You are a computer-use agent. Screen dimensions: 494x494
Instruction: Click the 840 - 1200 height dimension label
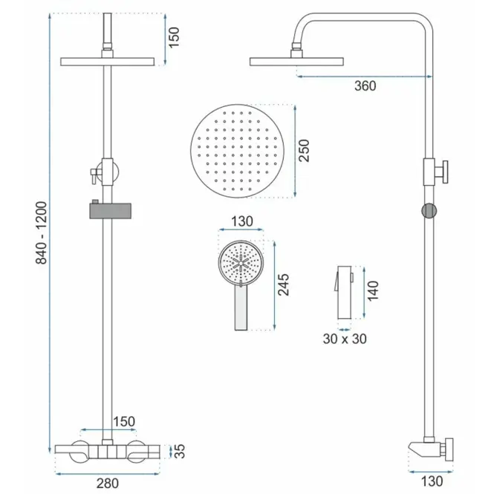(x=42, y=233)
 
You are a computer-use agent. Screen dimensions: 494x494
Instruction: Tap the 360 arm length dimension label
(x=365, y=86)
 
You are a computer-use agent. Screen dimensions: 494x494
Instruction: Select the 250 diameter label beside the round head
(x=304, y=151)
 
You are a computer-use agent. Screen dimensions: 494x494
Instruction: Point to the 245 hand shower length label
(x=283, y=285)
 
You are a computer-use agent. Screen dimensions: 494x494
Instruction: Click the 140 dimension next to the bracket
(x=373, y=290)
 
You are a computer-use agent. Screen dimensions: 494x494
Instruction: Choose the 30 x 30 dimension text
(x=345, y=339)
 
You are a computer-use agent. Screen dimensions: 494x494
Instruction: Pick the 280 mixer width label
(x=108, y=483)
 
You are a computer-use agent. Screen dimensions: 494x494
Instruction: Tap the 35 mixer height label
(x=180, y=451)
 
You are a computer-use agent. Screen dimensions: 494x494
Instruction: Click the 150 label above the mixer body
(x=124, y=421)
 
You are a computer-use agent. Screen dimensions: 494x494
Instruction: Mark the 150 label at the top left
(x=174, y=37)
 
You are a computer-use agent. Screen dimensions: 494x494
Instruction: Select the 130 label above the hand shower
(x=242, y=221)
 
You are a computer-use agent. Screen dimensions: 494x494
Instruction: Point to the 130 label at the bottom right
(x=432, y=481)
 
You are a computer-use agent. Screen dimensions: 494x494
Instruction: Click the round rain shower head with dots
(x=237, y=151)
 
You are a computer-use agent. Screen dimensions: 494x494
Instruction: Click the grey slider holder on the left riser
(x=110, y=211)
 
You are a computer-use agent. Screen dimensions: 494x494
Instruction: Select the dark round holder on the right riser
(x=429, y=211)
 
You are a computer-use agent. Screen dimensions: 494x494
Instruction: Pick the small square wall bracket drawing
(x=344, y=293)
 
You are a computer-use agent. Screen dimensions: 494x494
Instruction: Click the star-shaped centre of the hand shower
(x=241, y=263)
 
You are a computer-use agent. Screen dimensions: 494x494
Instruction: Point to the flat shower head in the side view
(x=296, y=62)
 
